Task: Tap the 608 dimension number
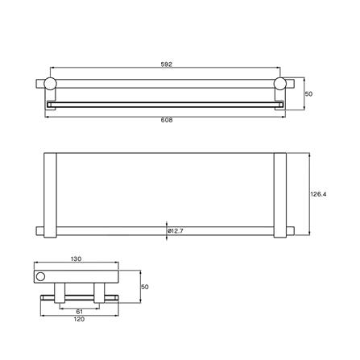166,119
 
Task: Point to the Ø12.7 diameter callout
177,233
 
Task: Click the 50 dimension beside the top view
310,94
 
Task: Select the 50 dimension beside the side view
145,287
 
